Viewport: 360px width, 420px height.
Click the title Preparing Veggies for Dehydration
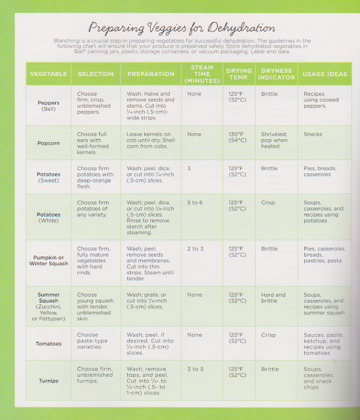(180, 28)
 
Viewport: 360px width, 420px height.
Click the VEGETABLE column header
(49, 74)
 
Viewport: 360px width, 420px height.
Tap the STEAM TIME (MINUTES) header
(201, 73)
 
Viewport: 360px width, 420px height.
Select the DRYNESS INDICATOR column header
(275, 74)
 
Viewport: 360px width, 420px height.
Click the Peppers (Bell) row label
(49, 106)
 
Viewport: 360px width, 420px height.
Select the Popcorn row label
(49, 142)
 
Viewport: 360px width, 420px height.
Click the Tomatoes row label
(49, 343)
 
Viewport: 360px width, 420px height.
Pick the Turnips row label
(49, 380)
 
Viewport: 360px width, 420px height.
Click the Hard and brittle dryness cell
(273, 299)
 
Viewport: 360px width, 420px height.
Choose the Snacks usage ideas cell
(313, 135)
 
